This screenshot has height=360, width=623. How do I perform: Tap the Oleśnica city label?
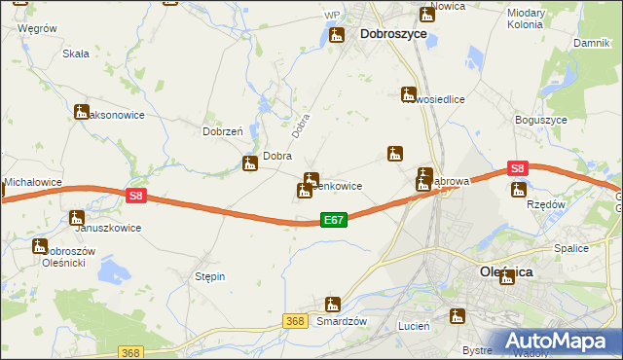click(506, 273)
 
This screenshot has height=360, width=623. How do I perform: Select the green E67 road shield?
click(333, 221)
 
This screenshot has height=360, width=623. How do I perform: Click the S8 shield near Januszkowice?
click(136, 196)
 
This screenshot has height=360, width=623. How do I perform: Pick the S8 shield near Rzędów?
click(517, 168)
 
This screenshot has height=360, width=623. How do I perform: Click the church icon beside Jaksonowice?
click(81, 113)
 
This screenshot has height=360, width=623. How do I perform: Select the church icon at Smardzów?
click(333, 305)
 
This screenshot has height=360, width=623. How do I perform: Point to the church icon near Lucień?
click(456, 316)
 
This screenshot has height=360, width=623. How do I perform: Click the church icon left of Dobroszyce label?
click(337, 36)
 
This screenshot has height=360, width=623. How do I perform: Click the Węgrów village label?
click(37, 29)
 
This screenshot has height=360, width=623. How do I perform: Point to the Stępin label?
click(210, 276)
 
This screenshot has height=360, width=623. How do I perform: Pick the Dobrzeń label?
click(220, 131)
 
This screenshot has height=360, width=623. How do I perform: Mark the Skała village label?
click(76, 54)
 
